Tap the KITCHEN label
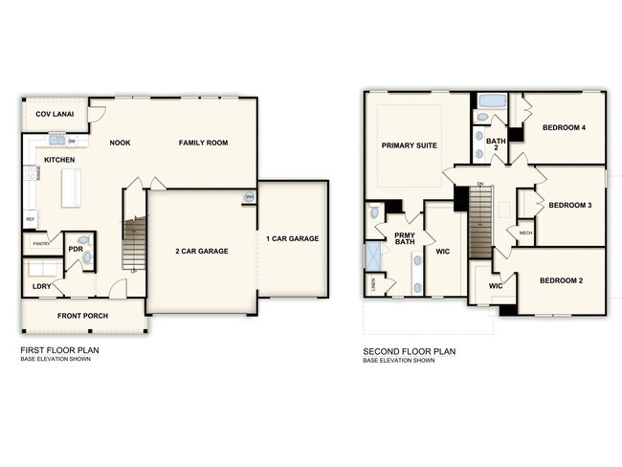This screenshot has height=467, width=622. point(60,160)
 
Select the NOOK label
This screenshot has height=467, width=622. point(120,143)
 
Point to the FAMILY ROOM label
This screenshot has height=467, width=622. point(203,143)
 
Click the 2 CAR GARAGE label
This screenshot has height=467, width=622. point(201,251)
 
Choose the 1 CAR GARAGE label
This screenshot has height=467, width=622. point(293,238)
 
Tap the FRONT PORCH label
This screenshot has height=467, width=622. point(82,316)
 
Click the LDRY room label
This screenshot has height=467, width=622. point(41,286)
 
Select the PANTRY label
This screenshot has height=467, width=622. point(41,244)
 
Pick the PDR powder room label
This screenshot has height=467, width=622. point(76,249)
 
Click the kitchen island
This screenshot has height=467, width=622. point(72,188)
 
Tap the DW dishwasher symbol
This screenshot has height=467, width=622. point(73,143)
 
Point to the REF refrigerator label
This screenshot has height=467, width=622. point(30,219)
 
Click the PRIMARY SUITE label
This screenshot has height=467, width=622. point(409,145)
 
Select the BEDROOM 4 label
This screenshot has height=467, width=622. point(564,127)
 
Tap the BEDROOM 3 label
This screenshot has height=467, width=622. point(569,205)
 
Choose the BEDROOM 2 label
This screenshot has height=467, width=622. point(562,280)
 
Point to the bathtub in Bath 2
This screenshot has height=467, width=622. point(493,100)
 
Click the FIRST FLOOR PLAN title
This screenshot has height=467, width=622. point(59,351)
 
